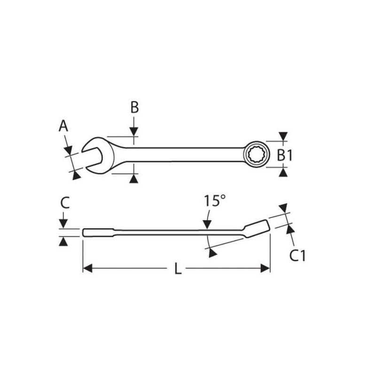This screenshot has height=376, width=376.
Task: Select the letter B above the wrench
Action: (x=134, y=108)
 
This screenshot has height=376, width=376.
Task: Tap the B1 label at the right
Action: (x=284, y=155)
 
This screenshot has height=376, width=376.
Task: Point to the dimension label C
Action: (x=65, y=203)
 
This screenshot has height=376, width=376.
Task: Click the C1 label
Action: (x=297, y=256)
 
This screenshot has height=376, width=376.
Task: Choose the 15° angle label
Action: (x=212, y=201)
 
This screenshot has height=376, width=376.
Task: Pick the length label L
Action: (x=177, y=269)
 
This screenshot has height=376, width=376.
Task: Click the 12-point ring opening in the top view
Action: (x=254, y=154)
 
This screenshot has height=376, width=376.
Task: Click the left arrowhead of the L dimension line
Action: (x=87, y=268)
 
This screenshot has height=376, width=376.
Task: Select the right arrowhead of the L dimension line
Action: (x=266, y=268)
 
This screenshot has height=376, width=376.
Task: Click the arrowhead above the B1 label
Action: (x=282, y=136)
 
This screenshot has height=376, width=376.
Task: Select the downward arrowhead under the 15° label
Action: (x=207, y=226)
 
